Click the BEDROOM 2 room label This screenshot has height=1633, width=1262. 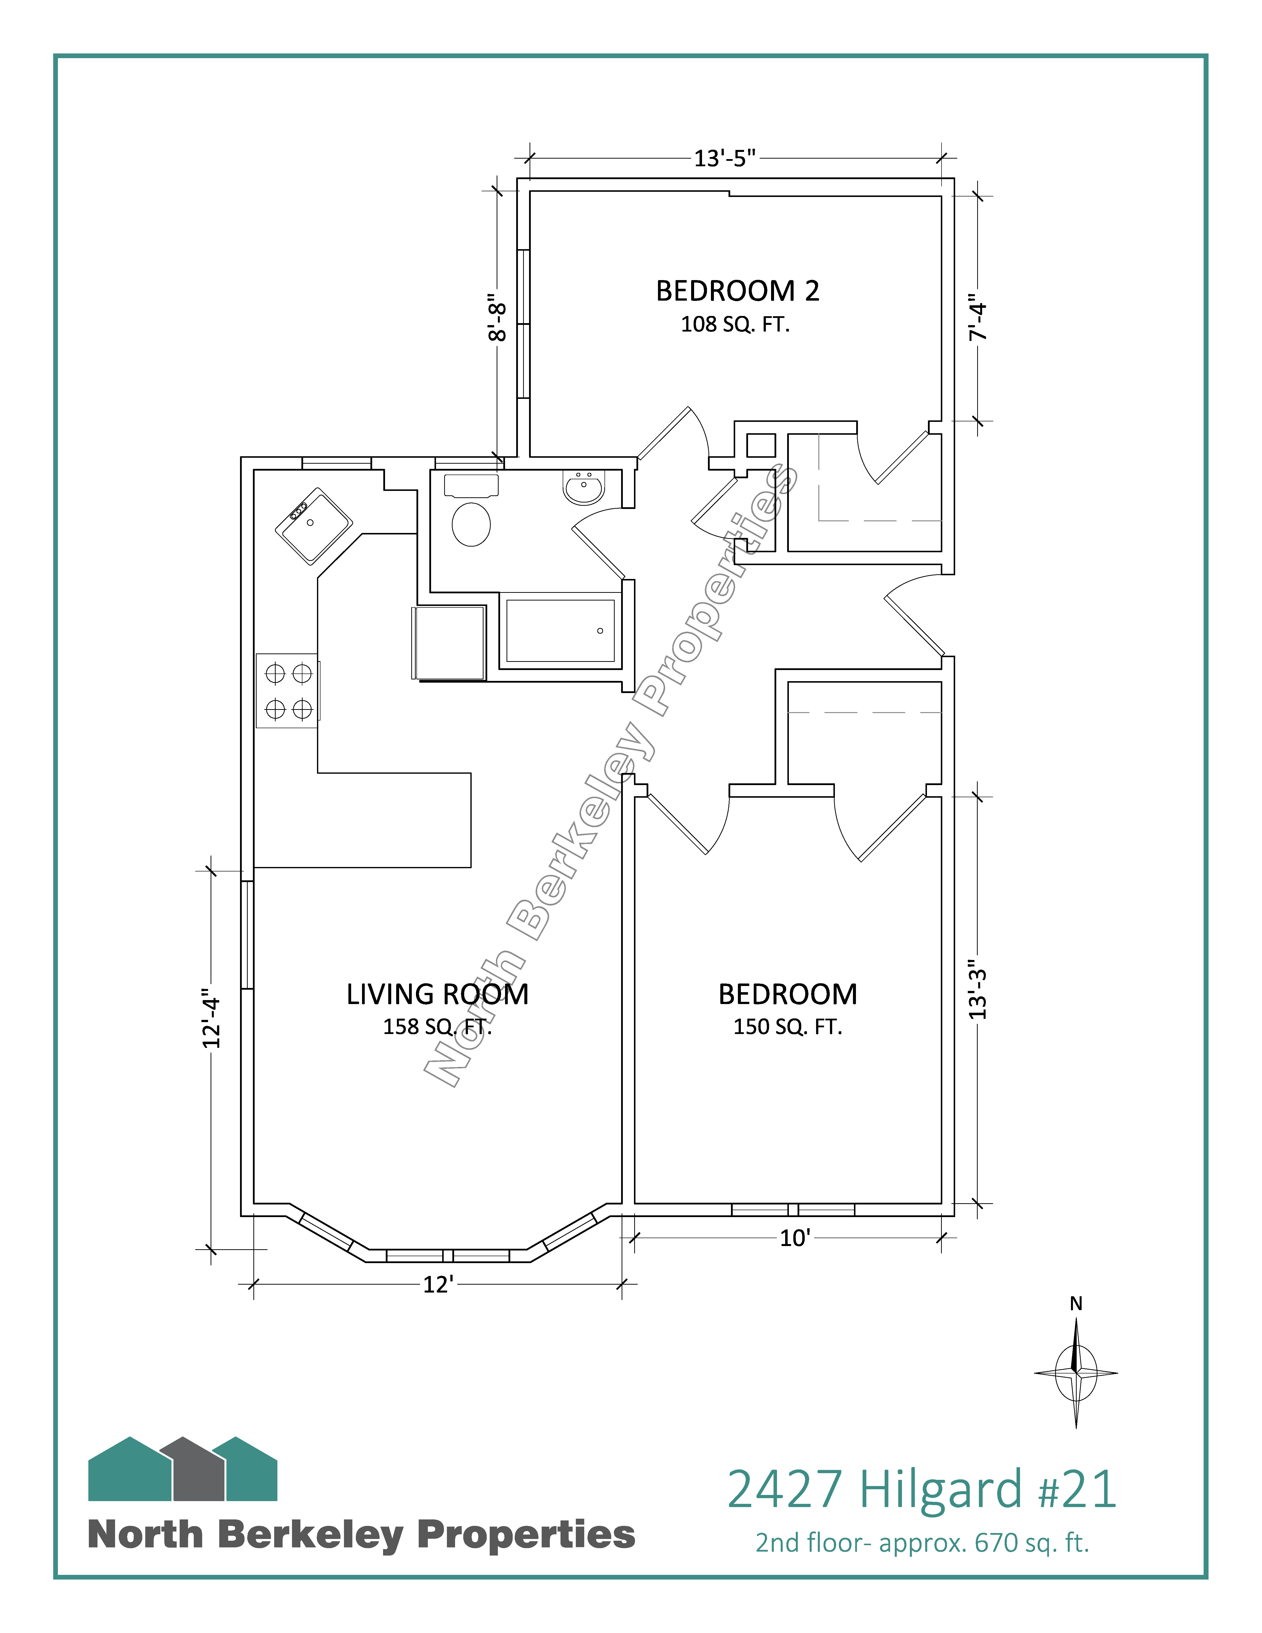737,291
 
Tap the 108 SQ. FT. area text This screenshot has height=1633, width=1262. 735,325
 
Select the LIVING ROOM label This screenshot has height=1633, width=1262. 437,994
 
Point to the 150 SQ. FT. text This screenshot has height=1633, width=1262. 787,1027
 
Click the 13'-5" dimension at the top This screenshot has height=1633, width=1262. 725,159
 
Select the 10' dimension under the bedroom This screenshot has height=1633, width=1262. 795,1238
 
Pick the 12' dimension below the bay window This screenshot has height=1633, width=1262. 438,1285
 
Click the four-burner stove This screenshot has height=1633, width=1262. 288,691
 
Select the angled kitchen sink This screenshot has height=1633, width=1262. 313,526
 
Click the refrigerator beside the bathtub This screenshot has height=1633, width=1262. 449,643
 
